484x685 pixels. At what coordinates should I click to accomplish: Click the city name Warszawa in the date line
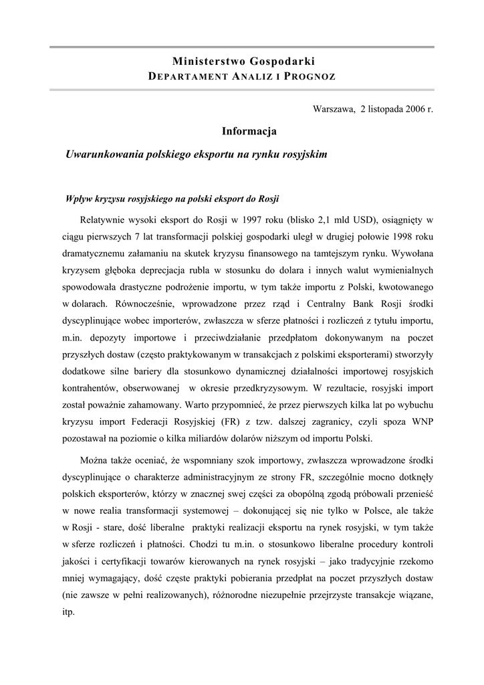334,108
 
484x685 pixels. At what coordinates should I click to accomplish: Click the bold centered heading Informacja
249,131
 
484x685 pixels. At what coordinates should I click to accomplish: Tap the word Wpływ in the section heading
79,199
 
